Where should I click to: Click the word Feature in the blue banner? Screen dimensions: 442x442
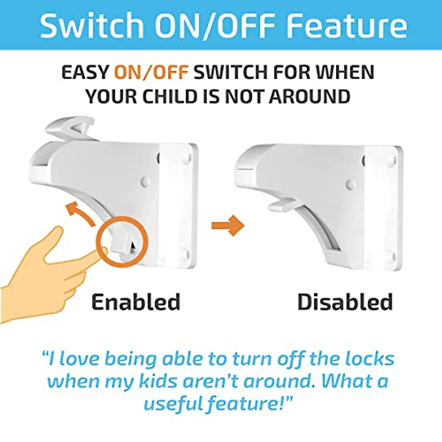(x=346, y=26)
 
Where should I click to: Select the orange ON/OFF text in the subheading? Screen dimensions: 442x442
(x=151, y=72)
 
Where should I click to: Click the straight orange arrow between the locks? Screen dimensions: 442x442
(x=228, y=225)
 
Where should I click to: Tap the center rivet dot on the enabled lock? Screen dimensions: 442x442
(x=145, y=182)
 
